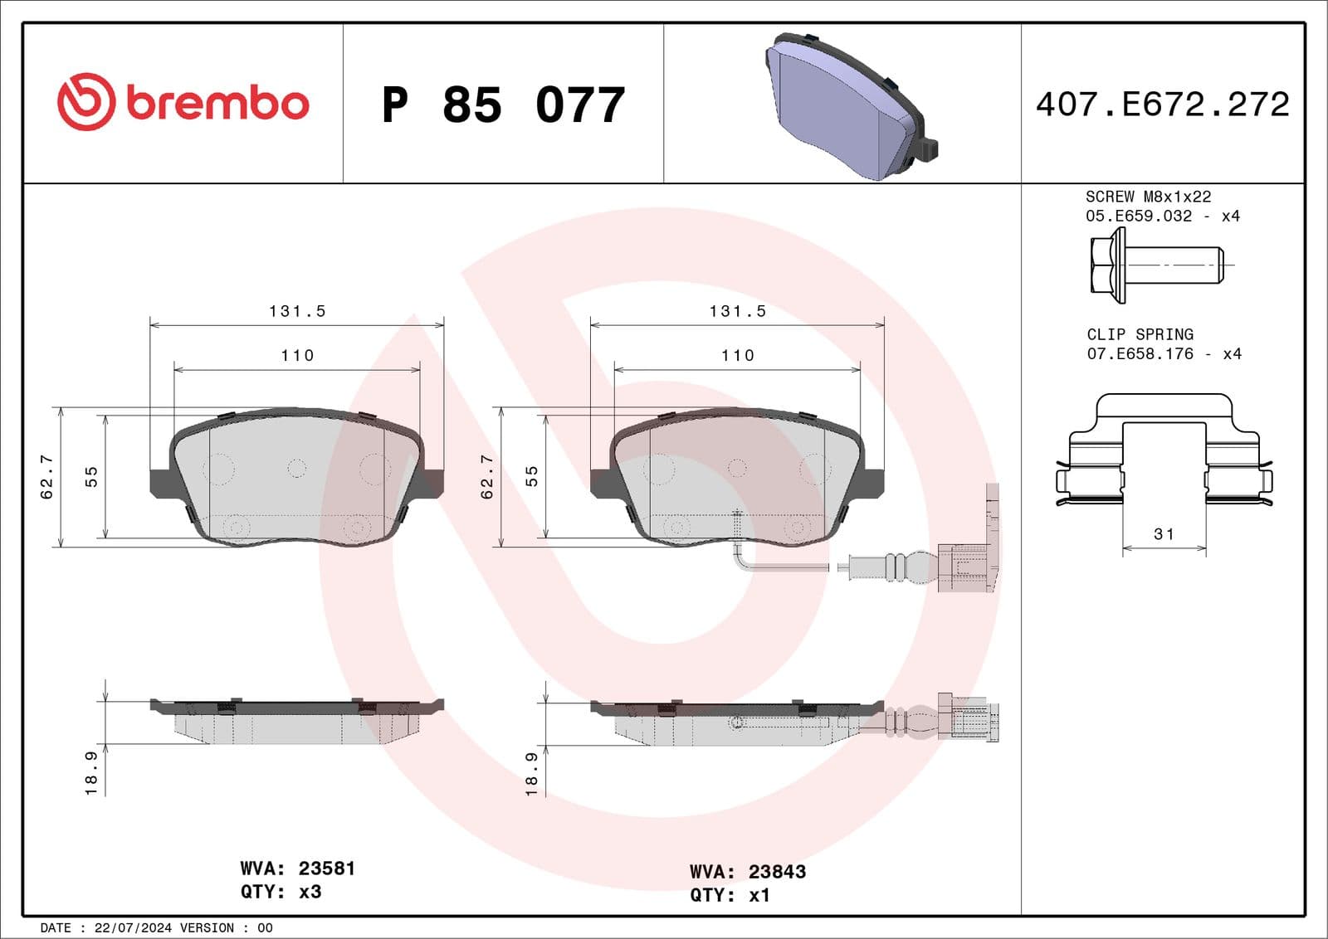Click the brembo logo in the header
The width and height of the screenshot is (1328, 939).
(x=183, y=102)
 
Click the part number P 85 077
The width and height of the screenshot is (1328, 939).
(x=503, y=105)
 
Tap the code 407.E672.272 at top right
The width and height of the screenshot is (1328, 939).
(x=1162, y=105)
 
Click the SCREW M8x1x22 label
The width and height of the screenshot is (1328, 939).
(x=1148, y=197)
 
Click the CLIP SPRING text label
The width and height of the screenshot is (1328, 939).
(x=1140, y=334)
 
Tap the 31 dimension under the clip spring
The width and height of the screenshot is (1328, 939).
(x=1164, y=534)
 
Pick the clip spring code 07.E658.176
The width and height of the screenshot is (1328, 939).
(x=1140, y=354)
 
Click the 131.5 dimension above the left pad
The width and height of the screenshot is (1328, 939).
(x=297, y=311)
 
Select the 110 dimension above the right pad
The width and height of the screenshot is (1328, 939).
(x=737, y=356)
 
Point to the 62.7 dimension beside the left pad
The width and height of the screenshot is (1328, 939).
(x=47, y=476)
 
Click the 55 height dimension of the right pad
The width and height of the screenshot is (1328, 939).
(x=532, y=476)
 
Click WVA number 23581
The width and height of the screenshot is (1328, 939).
(x=326, y=868)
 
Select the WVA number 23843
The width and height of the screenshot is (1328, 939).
(x=777, y=872)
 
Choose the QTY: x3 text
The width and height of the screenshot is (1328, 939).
(x=281, y=892)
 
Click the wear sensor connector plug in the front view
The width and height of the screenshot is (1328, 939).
(x=964, y=567)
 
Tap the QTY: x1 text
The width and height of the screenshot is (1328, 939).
(x=730, y=895)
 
